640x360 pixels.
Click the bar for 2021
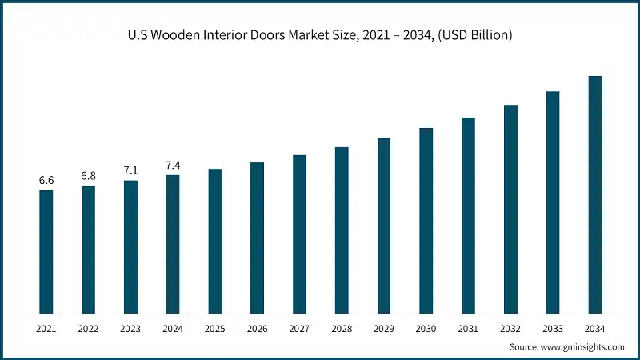pos(46,251)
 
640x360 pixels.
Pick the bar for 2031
pos(468,215)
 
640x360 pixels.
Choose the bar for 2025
pos(215,241)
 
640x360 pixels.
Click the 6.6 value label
pos(46,181)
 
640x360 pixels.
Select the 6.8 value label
pos(88,176)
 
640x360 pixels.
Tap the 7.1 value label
pos(130,170)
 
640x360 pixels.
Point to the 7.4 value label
pos(173,166)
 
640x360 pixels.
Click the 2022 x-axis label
pos(88,329)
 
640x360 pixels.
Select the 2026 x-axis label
pos(257,329)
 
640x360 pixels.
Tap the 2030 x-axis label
pos(426,329)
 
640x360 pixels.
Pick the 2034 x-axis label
pos(595,329)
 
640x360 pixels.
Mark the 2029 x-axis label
pos(384,329)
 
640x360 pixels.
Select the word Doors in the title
pos(279,35)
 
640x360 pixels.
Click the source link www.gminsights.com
pos(582,347)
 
